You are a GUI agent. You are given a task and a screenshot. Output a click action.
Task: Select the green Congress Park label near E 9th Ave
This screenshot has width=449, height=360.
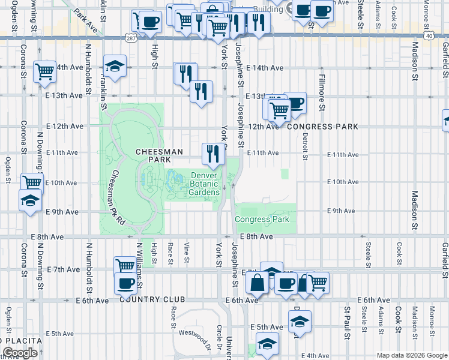pyautogui.click(x=262, y=219)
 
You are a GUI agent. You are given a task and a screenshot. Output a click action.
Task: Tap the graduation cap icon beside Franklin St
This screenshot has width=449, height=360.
pyautogui.click(x=115, y=66)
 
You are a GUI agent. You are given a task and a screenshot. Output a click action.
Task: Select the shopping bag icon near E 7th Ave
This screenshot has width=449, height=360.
pyautogui.click(x=256, y=282)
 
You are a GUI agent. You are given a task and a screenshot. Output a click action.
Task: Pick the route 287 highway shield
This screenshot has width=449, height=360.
pyautogui.click(x=131, y=37)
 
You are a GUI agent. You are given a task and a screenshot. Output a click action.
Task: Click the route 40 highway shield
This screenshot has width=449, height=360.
pyautogui.click(x=428, y=36)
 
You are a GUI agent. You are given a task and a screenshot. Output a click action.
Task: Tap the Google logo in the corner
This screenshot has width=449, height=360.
pyautogui.click(x=20, y=353)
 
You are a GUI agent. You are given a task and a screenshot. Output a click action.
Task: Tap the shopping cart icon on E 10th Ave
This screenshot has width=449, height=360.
pyautogui.click(x=32, y=183)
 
